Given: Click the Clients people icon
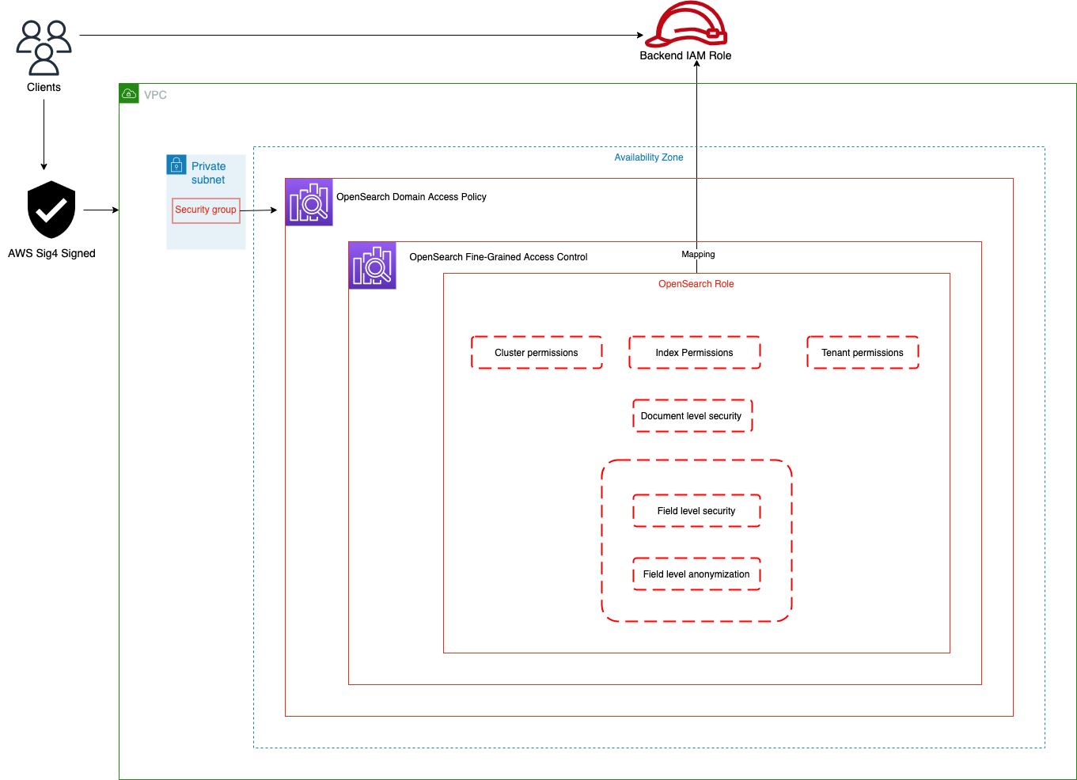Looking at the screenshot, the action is (44, 47).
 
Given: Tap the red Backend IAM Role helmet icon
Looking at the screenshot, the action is (685, 24).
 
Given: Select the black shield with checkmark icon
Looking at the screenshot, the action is (51, 210).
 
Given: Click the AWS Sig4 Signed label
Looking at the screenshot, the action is (51, 253).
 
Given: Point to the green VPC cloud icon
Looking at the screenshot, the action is (129, 93).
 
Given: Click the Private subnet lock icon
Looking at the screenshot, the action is (176, 165).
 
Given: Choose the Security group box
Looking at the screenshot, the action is (206, 210).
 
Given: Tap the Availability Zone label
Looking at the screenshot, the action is (649, 157).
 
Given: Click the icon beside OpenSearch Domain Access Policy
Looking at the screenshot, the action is (309, 203).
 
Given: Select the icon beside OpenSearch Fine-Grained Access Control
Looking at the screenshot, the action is (372, 266).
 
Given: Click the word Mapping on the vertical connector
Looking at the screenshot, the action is (698, 254).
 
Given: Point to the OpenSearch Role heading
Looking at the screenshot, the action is (696, 284).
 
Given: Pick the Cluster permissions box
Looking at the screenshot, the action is (537, 353).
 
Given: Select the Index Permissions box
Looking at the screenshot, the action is (695, 353).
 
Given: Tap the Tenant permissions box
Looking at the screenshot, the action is (863, 353).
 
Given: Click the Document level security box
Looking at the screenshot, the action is (692, 416).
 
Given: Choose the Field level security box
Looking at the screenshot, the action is (696, 511).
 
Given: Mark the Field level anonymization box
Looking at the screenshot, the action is (696, 574).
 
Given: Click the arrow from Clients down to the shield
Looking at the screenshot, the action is (44, 134).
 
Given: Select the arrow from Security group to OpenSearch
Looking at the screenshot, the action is (259, 210).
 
